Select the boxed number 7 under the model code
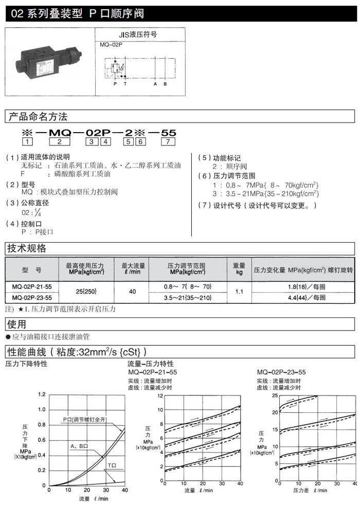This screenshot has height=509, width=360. (168, 141)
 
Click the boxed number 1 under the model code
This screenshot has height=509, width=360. (27, 141)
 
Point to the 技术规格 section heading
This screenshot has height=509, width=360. (26, 248)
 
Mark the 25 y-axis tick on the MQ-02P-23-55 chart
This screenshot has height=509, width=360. (275, 396)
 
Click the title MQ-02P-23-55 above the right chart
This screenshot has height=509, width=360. (281, 372)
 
